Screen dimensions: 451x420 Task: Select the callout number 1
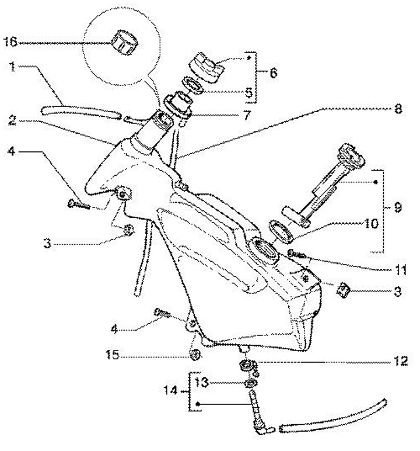[x=12, y=67]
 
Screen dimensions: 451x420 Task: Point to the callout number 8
[x=397, y=108]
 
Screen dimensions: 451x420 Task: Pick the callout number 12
[x=398, y=360]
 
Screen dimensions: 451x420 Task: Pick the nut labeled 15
[x=196, y=354]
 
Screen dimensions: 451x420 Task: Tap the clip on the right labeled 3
[x=344, y=289]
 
